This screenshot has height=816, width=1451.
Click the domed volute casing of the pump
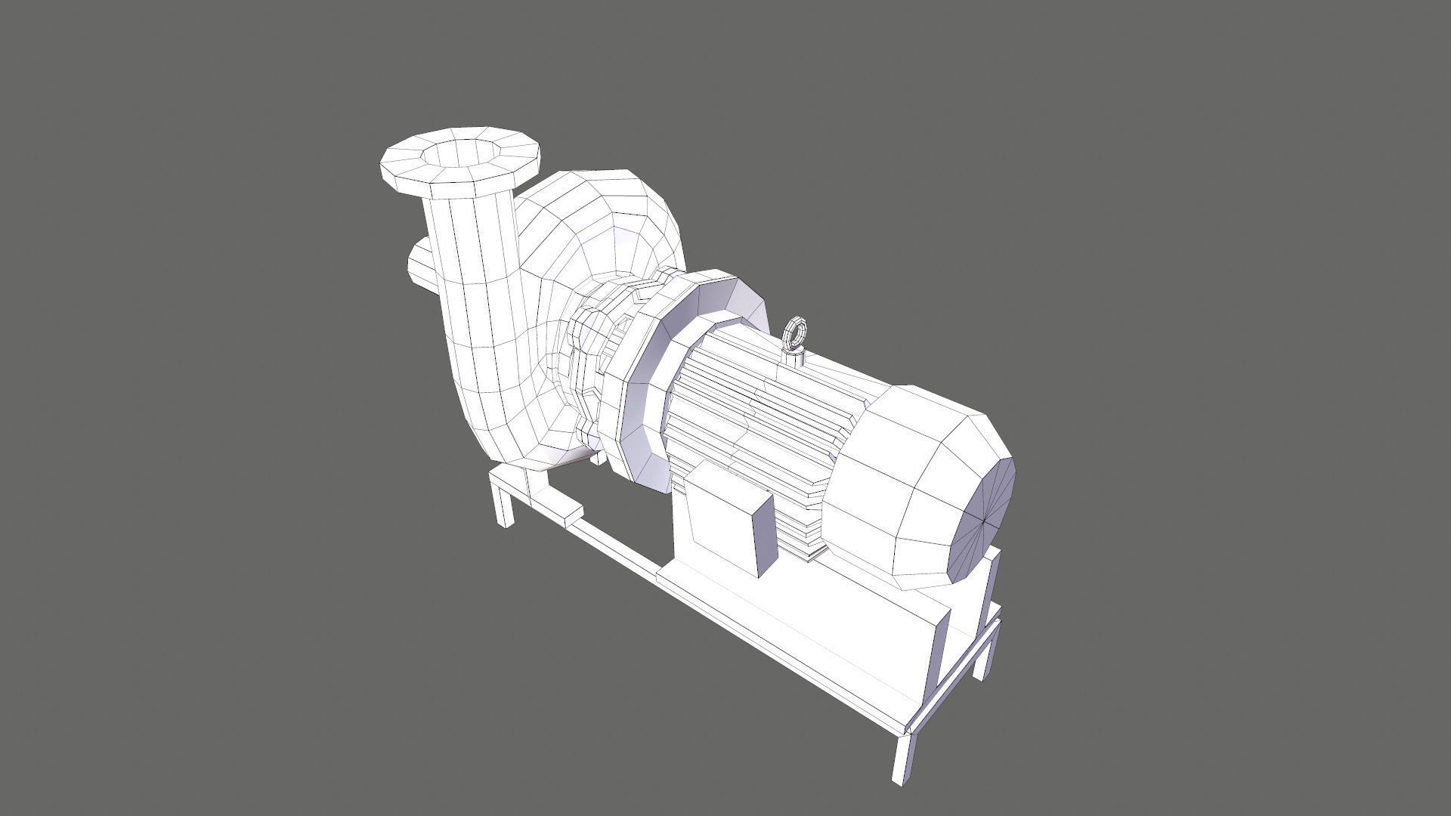605,227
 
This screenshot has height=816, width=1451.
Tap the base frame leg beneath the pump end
503,506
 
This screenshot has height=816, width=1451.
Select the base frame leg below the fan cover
986,650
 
